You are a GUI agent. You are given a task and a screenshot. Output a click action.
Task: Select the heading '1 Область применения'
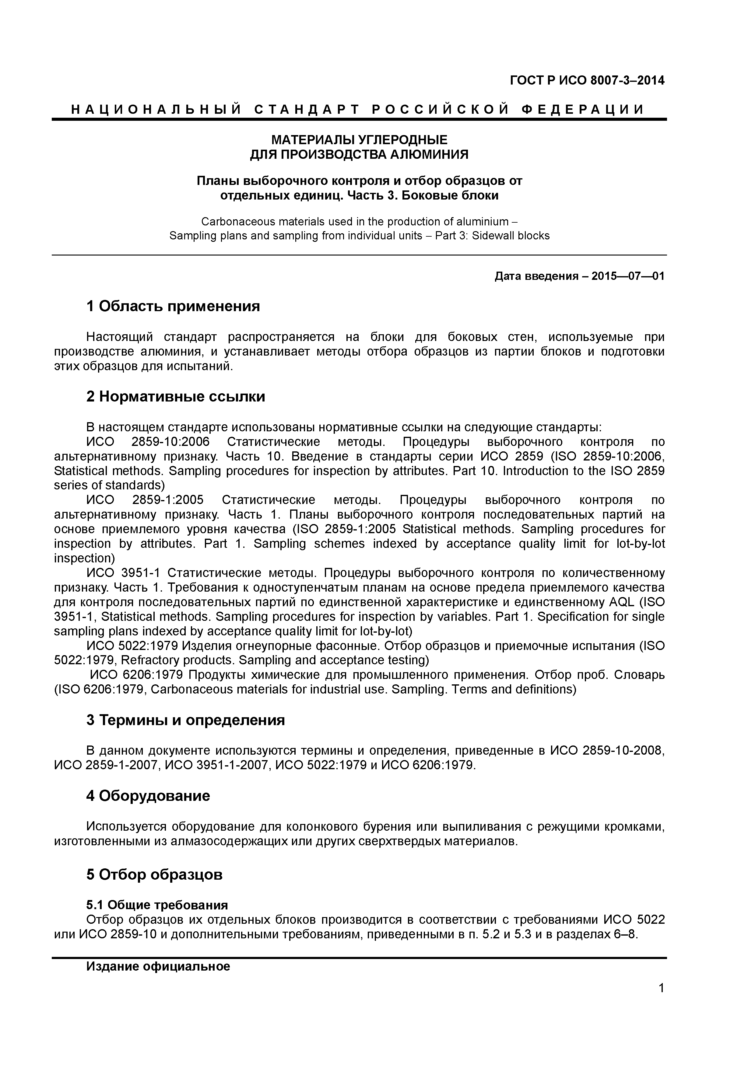pyautogui.click(x=173, y=306)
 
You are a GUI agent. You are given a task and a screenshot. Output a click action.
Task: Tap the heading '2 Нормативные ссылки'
pyautogui.click(x=176, y=396)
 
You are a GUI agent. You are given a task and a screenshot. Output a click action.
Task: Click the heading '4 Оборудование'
pyautogui.click(x=148, y=796)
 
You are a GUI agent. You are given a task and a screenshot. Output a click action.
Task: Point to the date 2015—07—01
pyautogui.click(x=628, y=276)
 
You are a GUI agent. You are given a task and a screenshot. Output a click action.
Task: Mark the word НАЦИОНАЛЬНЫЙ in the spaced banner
pyautogui.click(x=156, y=110)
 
